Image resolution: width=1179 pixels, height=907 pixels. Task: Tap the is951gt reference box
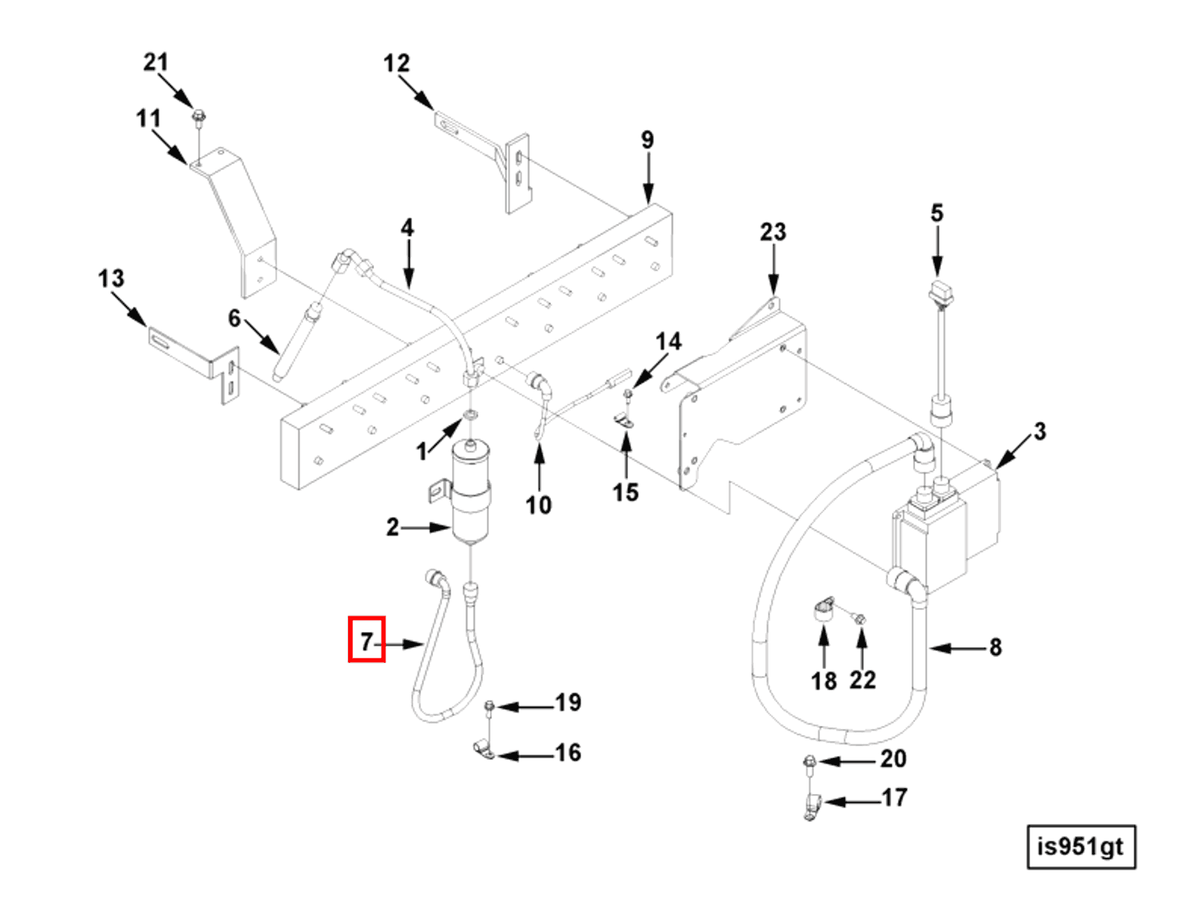coord(1081,847)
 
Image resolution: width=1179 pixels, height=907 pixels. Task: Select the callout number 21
coord(156,62)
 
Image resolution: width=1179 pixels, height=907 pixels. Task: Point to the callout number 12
coord(397,64)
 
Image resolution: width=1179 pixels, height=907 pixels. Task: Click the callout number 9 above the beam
coord(647,140)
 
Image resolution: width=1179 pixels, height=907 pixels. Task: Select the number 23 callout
coord(773,232)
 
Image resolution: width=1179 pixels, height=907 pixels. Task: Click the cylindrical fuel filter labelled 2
coord(472,495)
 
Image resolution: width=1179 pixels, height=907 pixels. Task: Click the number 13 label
coord(111,279)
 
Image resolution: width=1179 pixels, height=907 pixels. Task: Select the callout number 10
coord(538,505)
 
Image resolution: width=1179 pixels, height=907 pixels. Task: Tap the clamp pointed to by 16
coord(483,751)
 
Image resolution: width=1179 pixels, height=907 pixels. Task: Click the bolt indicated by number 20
coord(808,761)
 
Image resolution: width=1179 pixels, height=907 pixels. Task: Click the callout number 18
coord(823,680)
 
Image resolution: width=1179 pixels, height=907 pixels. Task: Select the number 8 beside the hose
coord(995,647)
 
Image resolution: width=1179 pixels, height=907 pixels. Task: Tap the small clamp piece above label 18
coord(822,608)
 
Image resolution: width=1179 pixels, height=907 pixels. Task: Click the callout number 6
coord(234,318)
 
